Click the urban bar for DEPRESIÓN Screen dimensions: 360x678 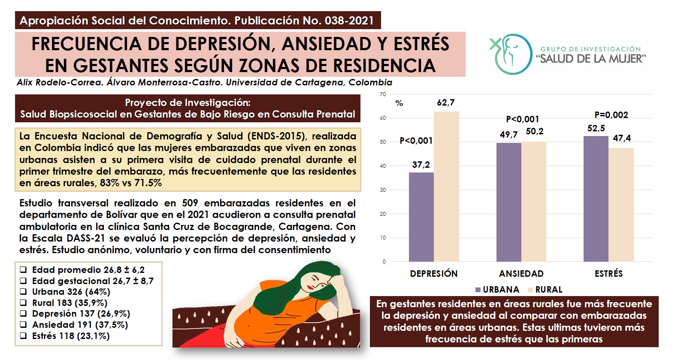click(x=421, y=217)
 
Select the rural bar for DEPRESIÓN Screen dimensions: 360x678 click(x=446, y=187)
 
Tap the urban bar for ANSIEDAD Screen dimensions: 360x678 click(x=508, y=202)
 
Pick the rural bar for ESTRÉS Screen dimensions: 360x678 click(x=621, y=205)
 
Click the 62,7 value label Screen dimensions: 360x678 click(x=445, y=103)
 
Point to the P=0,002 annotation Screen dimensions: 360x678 click(x=611, y=115)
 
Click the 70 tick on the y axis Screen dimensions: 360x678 click(x=383, y=94)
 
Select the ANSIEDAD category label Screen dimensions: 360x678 click(x=521, y=273)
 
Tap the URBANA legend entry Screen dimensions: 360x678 click(x=497, y=290)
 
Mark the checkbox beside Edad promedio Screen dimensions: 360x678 click(x=23, y=269)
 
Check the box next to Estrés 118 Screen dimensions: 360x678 click(x=23, y=336)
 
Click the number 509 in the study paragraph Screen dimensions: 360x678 click(x=190, y=203)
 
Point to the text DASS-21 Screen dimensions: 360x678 click(x=86, y=238)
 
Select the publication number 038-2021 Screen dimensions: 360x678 click(x=349, y=21)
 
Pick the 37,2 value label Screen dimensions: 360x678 click(x=421, y=165)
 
